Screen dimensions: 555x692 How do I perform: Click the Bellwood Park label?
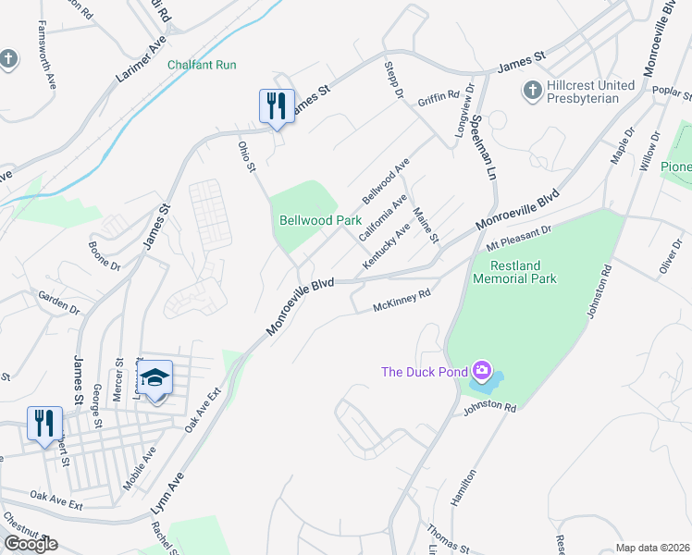click(x=320, y=221)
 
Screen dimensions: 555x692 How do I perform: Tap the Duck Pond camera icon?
click(x=481, y=372)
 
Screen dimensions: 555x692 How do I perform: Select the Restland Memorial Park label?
click(x=514, y=272)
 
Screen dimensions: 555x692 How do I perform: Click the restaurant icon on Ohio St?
click(x=277, y=107)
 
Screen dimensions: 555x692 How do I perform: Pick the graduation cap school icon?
click(x=154, y=377)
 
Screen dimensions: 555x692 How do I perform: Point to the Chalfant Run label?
click(x=202, y=65)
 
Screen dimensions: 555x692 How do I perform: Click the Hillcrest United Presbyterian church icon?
click(x=532, y=91)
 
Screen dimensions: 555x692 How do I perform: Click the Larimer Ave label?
click(x=141, y=61)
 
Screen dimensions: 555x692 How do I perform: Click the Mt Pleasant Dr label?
click(x=518, y=240)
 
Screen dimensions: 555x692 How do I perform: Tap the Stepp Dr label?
click(x=392, y=81)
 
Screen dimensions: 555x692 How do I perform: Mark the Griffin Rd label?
click(x=439, y=97)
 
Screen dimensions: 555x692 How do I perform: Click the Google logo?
click(x=31, y=543)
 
